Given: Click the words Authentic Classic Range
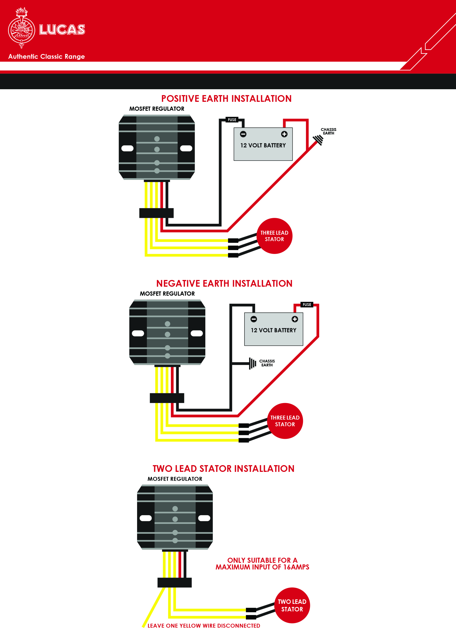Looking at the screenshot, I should (x=46, y=56).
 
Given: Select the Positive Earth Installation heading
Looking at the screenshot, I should (x=226, y=99).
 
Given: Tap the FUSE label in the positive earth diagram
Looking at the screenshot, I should (x=232, y=120).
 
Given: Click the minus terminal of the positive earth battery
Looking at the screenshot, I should (x=243, y=134).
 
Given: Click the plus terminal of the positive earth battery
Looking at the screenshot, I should (x=284, y=134).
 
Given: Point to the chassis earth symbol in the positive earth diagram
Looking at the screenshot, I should (x=318, y=140).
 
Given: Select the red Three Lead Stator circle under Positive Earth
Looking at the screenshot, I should (x=274, y=236).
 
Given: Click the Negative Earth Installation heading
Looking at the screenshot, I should (x=224, y=284).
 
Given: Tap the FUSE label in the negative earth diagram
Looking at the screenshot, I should (x=307, y=305).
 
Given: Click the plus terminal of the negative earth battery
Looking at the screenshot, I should (x=295, y=319).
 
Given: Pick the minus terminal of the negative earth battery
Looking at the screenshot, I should (x=254, y=319).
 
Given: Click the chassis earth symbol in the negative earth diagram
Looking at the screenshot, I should (x=253, y=363).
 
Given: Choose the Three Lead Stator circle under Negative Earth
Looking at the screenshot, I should (x=285, y=421).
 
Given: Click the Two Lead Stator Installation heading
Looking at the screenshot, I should (x=223, y=469).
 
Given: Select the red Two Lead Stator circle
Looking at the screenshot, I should (x=292, y=606).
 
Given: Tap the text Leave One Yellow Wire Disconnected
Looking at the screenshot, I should (x=204, y=626).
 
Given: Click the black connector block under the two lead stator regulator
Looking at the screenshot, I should (x=175, y=583).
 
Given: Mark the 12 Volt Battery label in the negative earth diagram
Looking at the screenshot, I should (x=273, y=330).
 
